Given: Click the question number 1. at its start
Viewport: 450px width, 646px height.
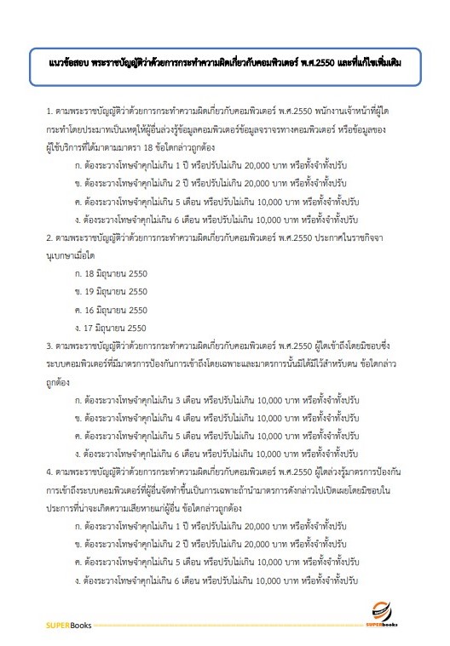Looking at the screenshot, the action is point(50,112).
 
